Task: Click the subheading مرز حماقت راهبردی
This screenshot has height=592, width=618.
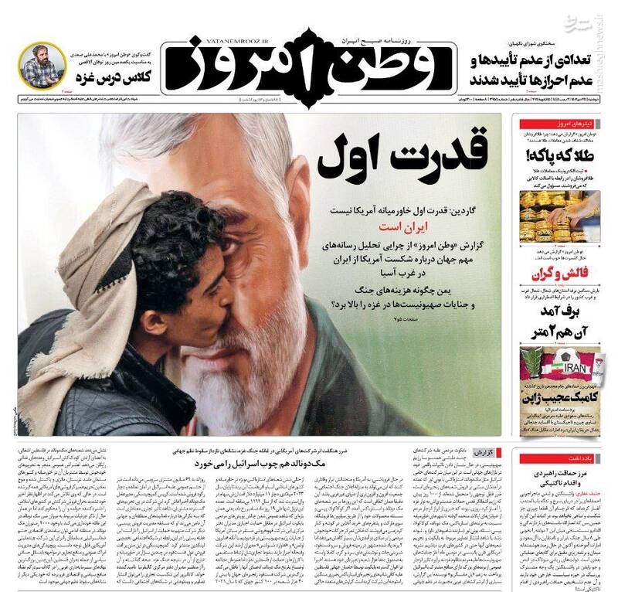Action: [564, 471]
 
